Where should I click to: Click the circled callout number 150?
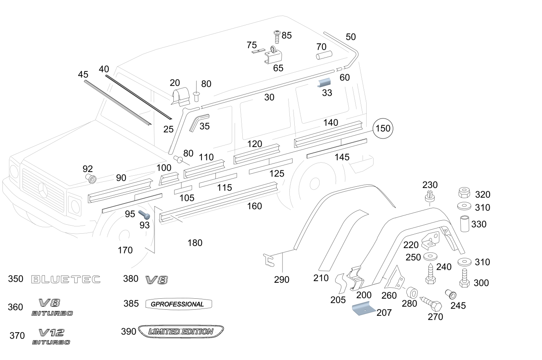(383, 128)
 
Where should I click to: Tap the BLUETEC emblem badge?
(66, 280)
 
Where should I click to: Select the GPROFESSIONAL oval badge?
(179, 304)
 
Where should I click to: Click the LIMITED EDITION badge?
(181, 332)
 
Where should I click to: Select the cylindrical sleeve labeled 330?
(464, 224)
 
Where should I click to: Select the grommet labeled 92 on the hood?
(90, 178)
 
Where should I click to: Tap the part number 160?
(254, 206)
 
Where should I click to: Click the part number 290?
(282, 280)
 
